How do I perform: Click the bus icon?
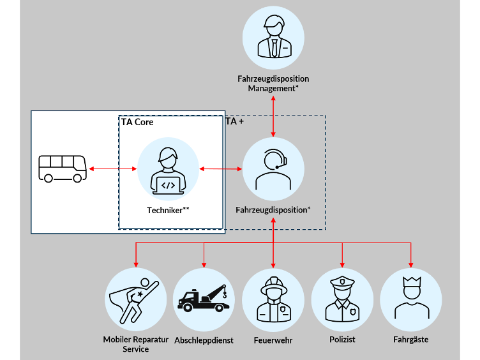[x=62, y=169]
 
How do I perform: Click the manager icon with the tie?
[x=273, y=38]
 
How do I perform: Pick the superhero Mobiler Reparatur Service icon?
[x=135, y=299]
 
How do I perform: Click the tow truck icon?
[x=204, y=299]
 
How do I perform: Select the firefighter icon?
[x=273, y=299]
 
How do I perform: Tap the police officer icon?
[x=341, y=299]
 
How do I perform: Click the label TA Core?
[x=137, y=122]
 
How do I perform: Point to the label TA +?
[x=234, y=121]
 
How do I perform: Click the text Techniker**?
[x=168, y=209]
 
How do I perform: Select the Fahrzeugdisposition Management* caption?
[x=273, y=84]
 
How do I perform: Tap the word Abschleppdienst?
[x=204, y=340]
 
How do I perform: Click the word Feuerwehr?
[x=273, y=340]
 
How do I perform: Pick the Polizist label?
[x=341, y=340]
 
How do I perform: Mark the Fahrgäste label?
[x=410, y=340]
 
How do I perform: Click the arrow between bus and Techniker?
[x=112, y=169]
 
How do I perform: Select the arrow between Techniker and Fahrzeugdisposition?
[x=221, y=169]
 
